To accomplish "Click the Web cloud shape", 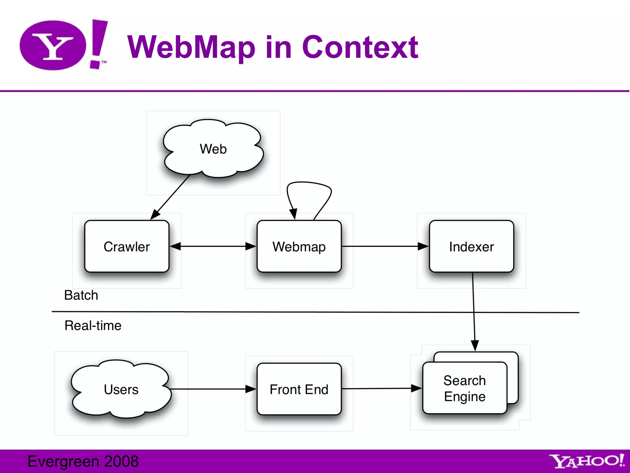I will click(213, 149).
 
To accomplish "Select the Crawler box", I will click(127, 246).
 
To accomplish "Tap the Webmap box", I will click(299, 246).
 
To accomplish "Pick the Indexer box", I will click(471, 246).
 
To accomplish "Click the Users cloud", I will click(121, 389).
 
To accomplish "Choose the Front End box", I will click(299, 389).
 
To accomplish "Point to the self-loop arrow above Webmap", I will click(309, 183).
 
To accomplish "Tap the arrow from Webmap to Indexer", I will click(385, 246).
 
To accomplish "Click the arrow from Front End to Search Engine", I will click(381, 389).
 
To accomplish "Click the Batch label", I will click(81, 295).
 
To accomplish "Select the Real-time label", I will click(93, 325).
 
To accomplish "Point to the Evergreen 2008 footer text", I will click(83, 461).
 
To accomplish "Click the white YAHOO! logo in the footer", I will click(587, 461).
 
